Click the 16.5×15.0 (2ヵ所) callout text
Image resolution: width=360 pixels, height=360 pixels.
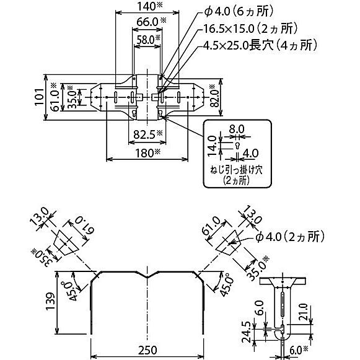[248, 29]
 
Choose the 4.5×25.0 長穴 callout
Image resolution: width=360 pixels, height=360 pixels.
[259, 45]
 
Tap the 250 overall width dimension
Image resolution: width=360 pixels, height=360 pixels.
[147, 350]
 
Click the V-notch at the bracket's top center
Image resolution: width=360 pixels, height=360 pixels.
[147, 278]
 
